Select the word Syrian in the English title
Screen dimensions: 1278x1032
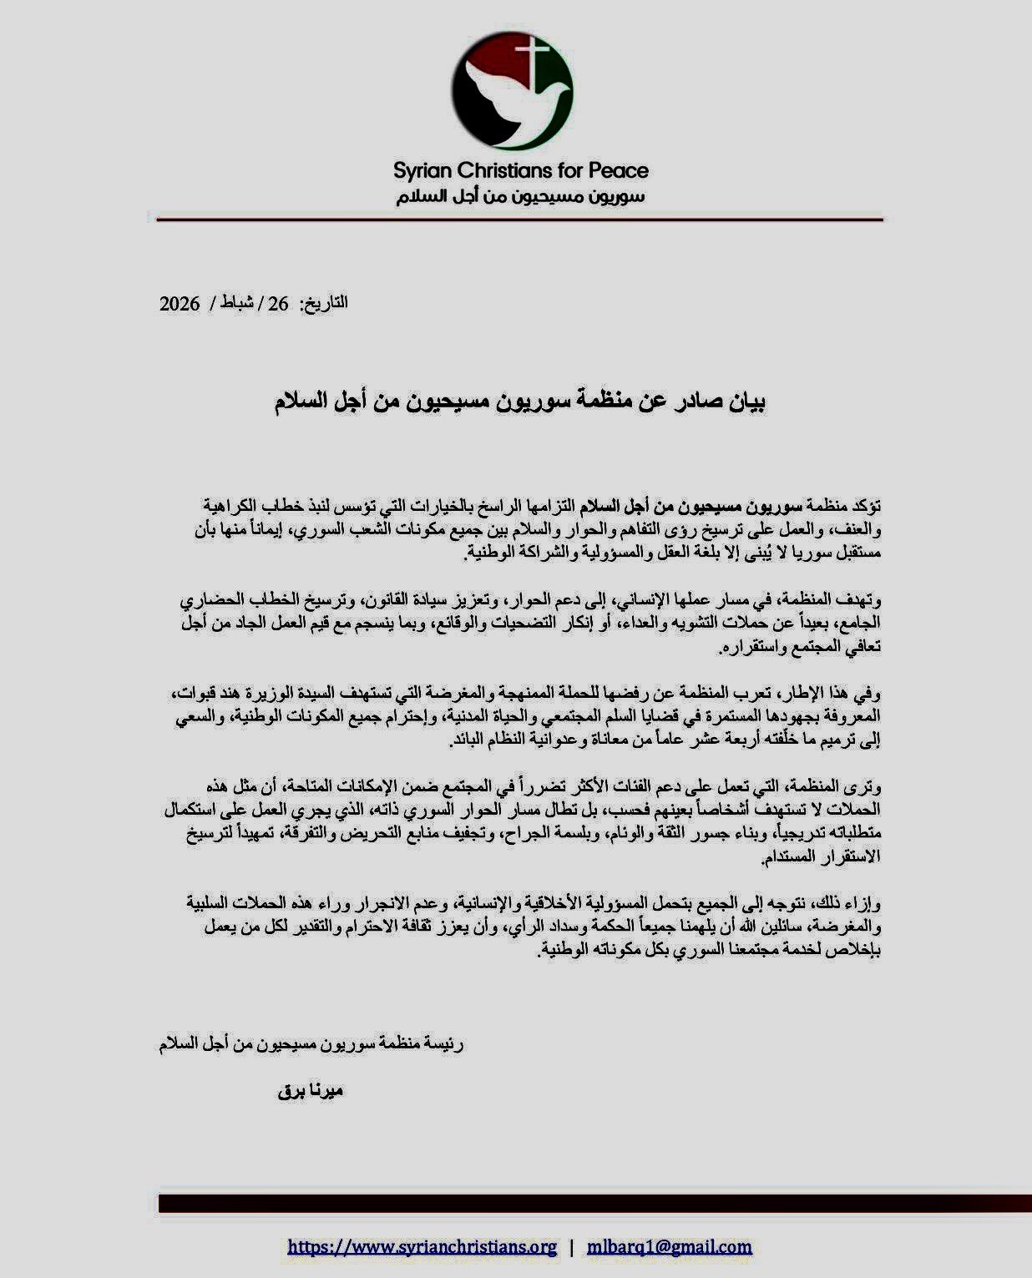[422, 171]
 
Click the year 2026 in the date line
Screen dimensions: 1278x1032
[180, 304]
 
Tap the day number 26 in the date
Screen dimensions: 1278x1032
[278, 304]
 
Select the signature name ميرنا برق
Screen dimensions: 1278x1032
[311, 1091]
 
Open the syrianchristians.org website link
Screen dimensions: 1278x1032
[422, 1247]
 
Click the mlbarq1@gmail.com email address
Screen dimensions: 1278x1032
[669, 1247]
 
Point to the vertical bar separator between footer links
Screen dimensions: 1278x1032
[571, 1247]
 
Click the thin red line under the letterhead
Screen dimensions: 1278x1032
[519, 220]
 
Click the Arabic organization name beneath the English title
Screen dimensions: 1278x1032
[520, 198]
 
